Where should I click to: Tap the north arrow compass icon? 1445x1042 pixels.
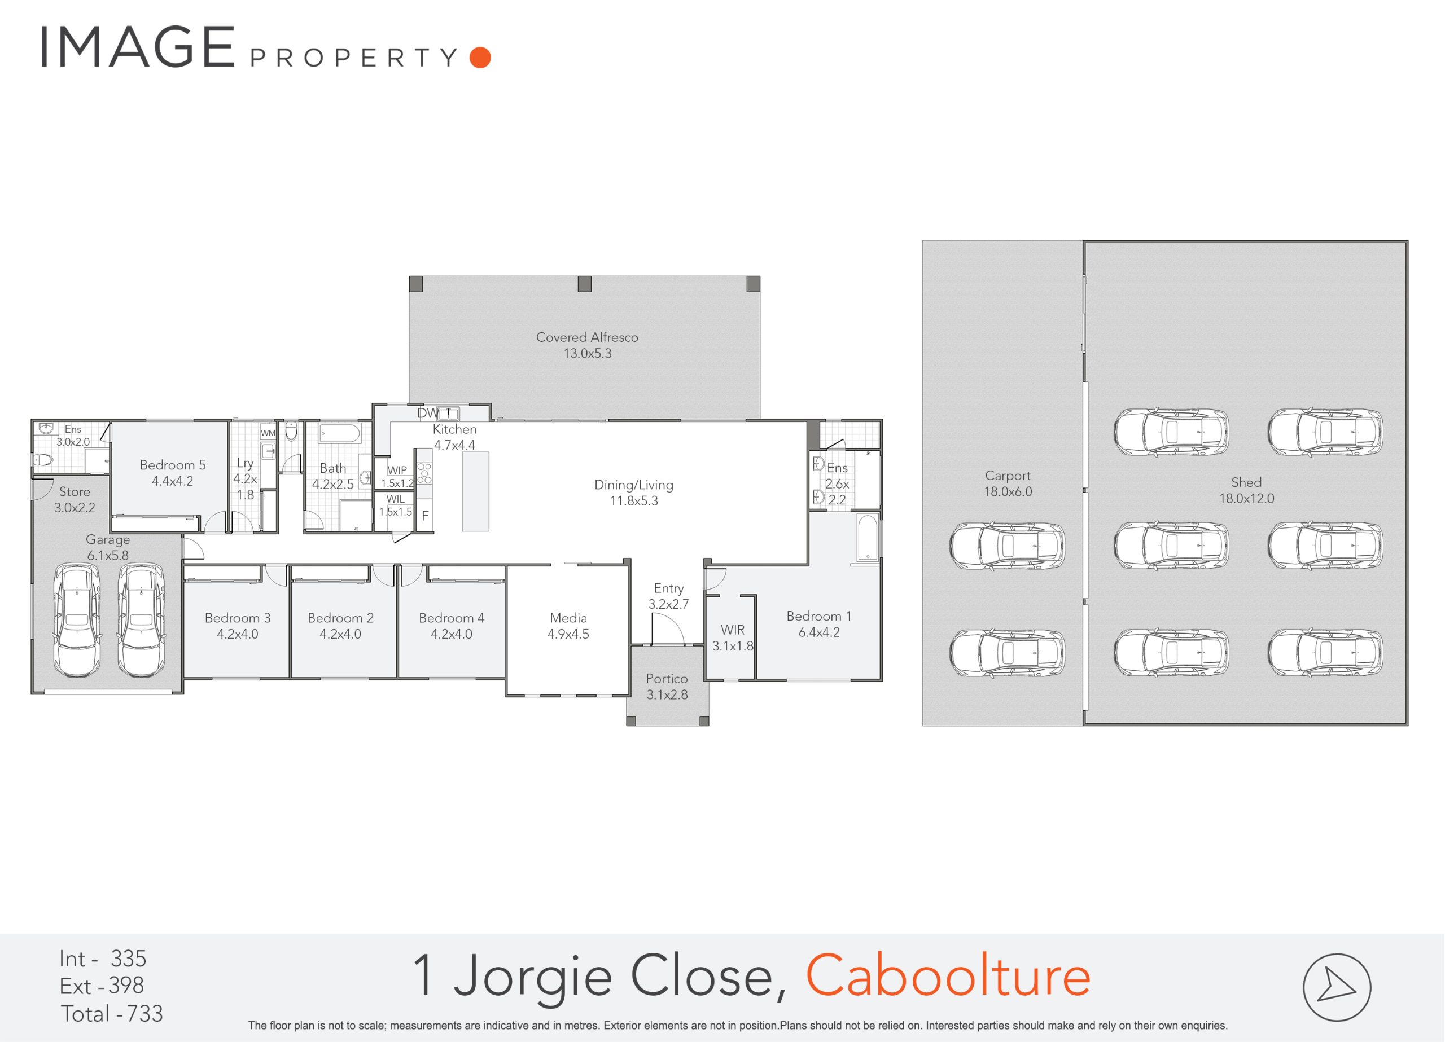point(1337,987)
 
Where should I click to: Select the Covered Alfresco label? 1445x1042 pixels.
point(587,337)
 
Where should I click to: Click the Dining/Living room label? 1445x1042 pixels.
point(633,485)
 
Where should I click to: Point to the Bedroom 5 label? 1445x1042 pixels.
point(173,465)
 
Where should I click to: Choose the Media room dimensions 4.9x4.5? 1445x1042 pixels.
point(568,634)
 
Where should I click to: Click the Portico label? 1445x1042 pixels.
point(667,678)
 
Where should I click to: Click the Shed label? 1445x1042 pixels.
point(1246,482)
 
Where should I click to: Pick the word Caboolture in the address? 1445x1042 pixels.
point(948,976)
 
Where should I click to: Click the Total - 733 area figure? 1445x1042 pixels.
point(112,1013)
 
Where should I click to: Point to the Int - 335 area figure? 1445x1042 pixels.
point(103,959)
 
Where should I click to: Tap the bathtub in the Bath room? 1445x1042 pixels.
point(340,434)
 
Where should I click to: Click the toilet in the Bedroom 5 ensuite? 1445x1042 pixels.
point(42,459)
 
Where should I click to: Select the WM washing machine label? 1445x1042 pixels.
point(268,433)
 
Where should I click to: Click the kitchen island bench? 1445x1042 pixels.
point(475,491)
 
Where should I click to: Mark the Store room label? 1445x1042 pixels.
point(75,492)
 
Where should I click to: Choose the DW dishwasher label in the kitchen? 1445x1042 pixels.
point(427,414)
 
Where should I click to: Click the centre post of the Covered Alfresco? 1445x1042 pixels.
point(584,284)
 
